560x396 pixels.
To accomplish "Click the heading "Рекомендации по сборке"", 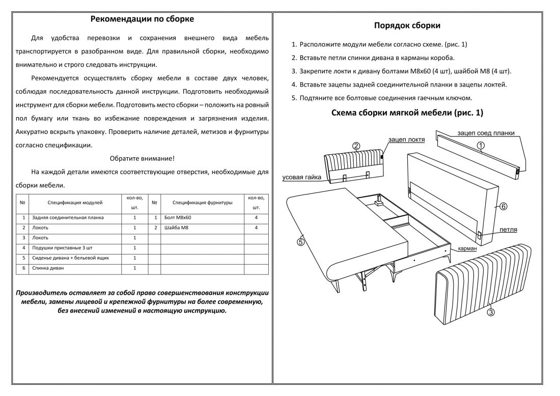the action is point(142,19).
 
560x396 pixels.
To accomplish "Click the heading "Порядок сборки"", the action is point(407,26).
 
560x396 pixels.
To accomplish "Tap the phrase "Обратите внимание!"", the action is point(142,158).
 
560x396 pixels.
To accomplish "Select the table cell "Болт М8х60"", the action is point(178,217).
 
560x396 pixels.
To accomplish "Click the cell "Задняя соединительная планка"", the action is point(68,217).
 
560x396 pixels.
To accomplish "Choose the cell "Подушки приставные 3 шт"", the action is point(63,248).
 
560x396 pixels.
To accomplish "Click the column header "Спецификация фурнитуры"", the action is point(203,203).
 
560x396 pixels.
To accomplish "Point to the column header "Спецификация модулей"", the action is point(75,203).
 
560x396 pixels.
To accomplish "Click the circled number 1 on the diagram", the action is point(481,146).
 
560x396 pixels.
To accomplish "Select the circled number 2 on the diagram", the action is point(356,146).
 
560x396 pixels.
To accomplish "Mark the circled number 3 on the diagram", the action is point(491,313).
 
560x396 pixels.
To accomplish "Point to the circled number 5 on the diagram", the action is point(300,242).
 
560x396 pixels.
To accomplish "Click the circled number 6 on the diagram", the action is point(503,206).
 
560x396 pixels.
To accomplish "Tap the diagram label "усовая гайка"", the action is point(302,178).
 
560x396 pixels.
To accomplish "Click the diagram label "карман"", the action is point(467,248).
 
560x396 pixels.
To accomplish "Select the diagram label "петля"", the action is point(508,230).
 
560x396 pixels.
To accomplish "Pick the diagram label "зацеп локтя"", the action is point(406,139).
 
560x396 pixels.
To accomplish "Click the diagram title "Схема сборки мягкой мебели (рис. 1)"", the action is point(407,113).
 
